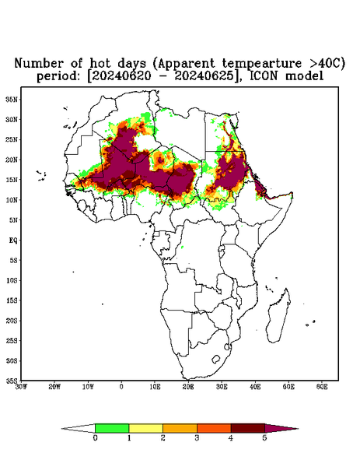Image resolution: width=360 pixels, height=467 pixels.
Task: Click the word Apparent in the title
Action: click(x=186, y=64)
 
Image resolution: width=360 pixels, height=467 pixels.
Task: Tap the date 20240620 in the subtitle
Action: click(x=121, y=76)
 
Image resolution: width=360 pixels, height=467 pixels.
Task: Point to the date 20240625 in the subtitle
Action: click(x=204, y=76)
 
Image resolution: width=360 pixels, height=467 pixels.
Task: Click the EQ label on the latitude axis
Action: click(x=13, y=240)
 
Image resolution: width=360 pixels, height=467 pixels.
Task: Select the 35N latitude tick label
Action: click(x=12, y=100)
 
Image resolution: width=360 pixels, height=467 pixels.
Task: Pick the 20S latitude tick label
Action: click(x=12, y=321)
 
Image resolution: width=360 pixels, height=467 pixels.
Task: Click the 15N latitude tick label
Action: click(x=12, y=180)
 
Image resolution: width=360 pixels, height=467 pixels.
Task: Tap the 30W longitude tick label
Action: click(x=22, y=387)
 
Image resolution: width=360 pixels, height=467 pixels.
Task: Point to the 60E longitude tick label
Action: click(x=322, y=387)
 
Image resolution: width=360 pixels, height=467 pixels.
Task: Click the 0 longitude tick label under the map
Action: click(x=121, y=387)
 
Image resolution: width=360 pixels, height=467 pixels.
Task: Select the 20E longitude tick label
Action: click(x=188, y=387)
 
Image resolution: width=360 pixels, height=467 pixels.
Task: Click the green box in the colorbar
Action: click(x=112, y=428)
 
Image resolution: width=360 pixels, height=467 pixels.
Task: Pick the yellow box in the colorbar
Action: click(x=145, y=428)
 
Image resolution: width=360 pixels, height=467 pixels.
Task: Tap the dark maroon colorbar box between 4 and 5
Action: click(x=248, y=428)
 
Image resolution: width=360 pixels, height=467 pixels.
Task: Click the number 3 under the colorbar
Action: click(x=197, y=438)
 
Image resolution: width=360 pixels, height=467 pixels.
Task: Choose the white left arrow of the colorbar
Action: click(x=79, y=428)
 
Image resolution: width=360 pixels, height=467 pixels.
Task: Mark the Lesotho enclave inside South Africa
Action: click(x=216, y=359)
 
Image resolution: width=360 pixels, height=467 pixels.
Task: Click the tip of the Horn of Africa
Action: click(x=292, y=193)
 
